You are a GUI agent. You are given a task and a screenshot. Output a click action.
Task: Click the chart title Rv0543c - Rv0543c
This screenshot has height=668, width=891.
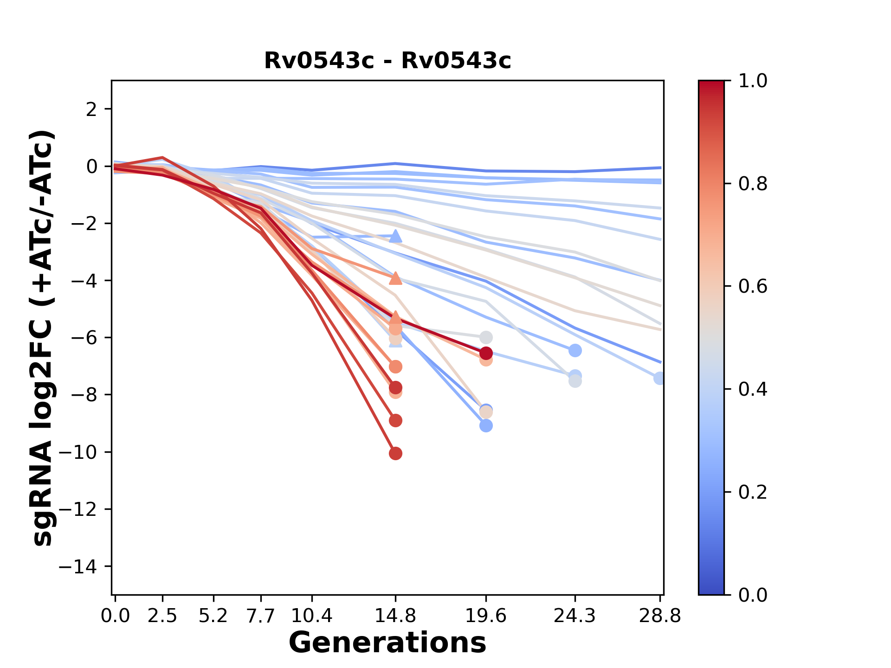point(387,61)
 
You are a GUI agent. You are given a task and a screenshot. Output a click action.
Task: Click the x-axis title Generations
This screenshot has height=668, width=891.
point(387,643)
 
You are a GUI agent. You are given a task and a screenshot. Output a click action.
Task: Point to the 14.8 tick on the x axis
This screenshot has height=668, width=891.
point(395,616)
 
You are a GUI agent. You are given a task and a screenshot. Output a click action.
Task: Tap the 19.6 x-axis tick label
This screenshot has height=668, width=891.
point(486,616)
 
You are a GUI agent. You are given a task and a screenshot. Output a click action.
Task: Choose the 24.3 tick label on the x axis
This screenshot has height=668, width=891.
point(575,616)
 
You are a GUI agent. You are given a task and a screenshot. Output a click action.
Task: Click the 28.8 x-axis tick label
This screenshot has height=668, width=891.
point(660,616)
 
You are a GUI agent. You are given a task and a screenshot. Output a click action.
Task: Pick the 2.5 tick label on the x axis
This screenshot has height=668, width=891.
point(162,616)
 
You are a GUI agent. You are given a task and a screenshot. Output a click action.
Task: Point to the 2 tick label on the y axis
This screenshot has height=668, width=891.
point(92,109)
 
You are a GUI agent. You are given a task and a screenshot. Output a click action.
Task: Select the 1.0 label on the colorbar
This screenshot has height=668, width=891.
point(753,81)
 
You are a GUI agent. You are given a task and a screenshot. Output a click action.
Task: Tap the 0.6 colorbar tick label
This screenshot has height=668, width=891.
point(753,287)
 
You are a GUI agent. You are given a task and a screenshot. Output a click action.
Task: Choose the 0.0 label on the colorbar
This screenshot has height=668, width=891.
point(753,595)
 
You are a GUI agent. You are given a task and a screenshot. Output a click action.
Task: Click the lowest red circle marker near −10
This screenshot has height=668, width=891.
point(395,453)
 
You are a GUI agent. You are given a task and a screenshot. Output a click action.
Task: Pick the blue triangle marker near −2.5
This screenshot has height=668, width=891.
point(395,236)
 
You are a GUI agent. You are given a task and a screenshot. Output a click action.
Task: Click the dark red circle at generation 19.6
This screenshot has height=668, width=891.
point(486,353)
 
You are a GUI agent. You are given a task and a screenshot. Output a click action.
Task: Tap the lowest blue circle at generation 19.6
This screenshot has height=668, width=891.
point(486,425)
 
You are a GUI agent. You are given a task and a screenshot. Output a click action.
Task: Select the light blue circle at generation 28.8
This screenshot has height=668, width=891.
point(659,378)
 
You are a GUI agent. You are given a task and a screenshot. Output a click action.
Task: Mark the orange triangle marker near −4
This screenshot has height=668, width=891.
point(395,278)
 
